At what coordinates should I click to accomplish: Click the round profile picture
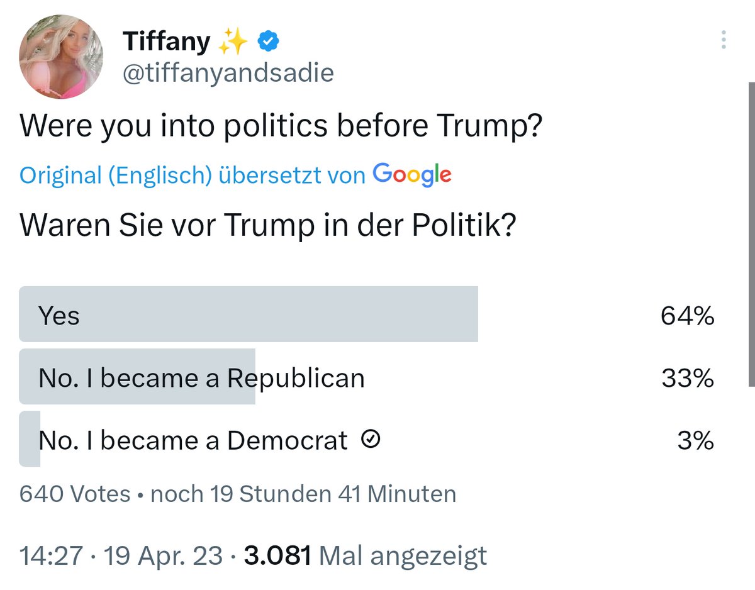click(61, 57)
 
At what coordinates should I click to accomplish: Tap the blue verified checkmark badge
click(268, 41)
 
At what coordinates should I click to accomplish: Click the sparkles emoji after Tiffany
click(232, 41)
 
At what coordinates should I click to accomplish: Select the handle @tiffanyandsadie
click(228, 73)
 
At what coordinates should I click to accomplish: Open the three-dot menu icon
click(724, 40)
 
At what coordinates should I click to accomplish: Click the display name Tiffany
click(167, 42)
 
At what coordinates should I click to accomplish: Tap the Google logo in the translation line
click(412, 175)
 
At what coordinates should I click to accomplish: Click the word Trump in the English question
click(489, 126)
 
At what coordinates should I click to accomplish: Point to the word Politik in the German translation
click(464, 225)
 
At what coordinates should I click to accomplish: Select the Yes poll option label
click(59, 316)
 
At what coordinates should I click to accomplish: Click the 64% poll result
click(687, 316)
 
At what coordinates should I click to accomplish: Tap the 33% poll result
click(688, 378)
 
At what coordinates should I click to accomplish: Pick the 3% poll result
click(696, 440)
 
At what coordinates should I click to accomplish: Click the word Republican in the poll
click(296, 379)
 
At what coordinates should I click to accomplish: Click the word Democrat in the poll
click(288, 440)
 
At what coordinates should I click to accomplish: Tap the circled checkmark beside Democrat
click(371, 439)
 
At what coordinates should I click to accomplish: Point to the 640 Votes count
click(75, 494)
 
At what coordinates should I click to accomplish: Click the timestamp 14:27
click(51, 555)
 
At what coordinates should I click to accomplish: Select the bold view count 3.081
click(277, 555)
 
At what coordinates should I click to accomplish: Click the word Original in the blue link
click(61, 175)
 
